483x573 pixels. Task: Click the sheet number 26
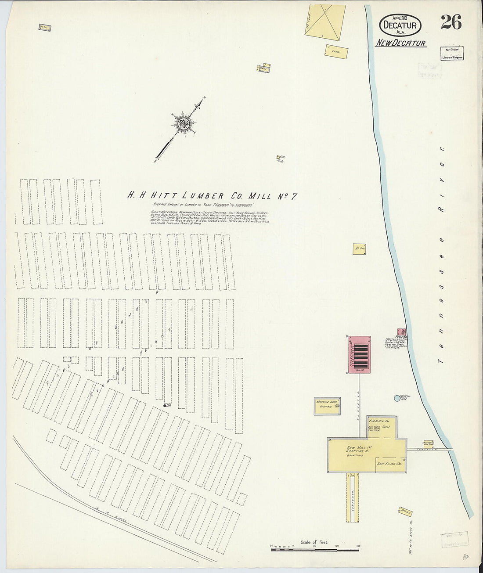point(451,22)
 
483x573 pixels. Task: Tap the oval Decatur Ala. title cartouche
point(400,25)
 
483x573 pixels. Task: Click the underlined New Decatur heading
point(400,43)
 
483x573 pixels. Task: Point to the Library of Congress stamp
point(452,54)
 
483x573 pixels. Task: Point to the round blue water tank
point(397,398)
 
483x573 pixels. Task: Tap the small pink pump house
point(401,332)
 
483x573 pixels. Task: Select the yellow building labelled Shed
point(336,51)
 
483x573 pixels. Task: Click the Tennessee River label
point(442,255)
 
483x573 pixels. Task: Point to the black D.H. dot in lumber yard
point(165,405)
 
